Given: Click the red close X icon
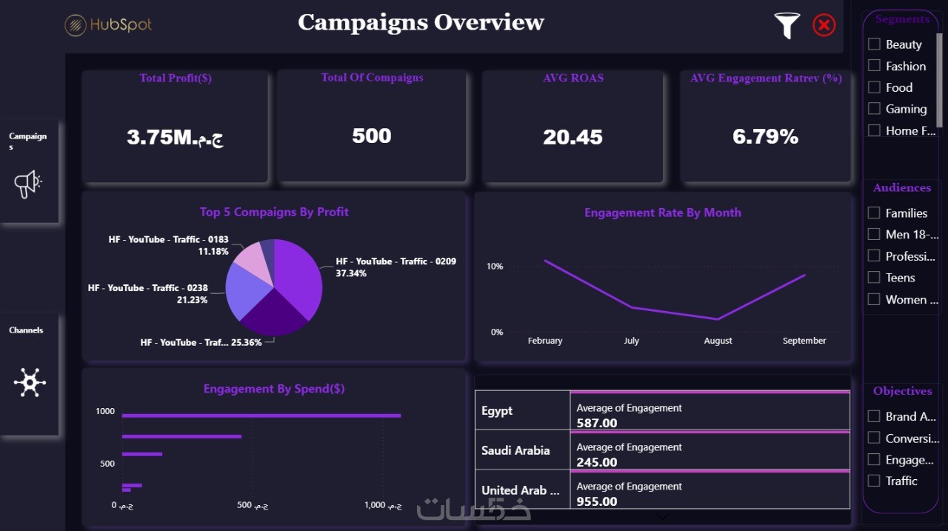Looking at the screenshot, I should tap(824, 25).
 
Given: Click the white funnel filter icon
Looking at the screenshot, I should tap(787, 25).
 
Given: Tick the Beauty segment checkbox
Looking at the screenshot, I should tap(874, 44).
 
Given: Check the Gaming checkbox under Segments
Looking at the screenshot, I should tap(874, 108).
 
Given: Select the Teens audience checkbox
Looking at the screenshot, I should tap(874, 277).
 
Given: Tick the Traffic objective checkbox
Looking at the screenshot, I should tap(874, 480).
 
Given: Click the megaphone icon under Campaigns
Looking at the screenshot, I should tap(28, 183).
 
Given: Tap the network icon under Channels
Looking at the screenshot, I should tap(30, 382).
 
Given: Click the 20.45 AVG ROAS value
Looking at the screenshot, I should tap(573, 137).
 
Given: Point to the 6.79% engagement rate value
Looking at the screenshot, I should tap(765, 136).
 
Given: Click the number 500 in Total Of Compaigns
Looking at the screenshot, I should tap(372, 136).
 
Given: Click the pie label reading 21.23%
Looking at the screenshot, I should tap(193, 300).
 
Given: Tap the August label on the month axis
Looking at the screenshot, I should tap(718, 341).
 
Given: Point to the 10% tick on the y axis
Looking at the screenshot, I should tap(494, 267).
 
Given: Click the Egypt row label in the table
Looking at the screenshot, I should tap(497, 411).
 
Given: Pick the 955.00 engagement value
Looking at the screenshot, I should tap(597, 501).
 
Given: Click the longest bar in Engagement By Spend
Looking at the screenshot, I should tap(261, 415).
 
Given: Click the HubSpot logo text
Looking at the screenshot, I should tap(120, 25).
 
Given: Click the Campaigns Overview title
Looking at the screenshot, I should tap(421, 22).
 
